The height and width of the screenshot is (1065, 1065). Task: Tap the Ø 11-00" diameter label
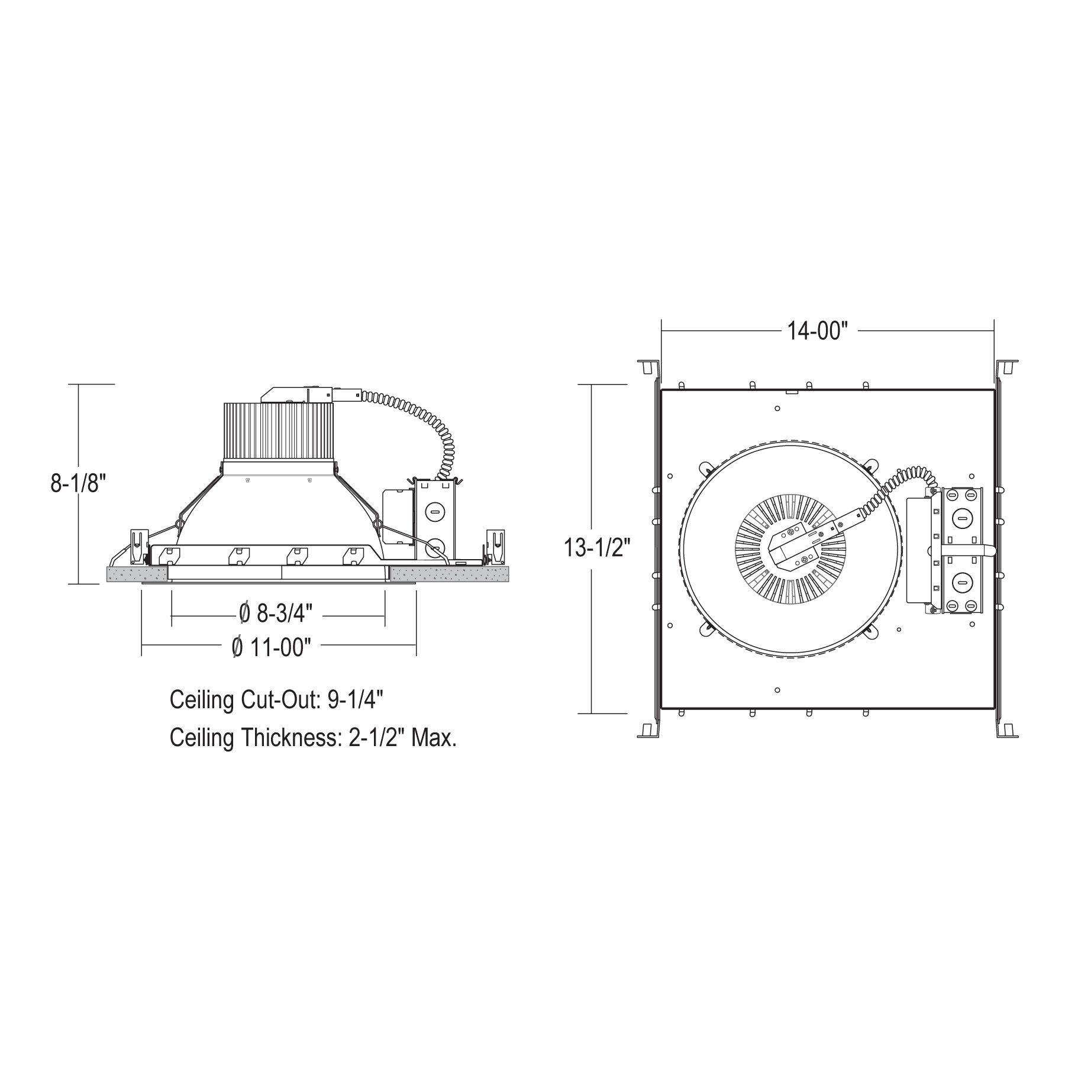[271, 647]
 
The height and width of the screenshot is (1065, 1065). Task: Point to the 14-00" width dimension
[818, 331]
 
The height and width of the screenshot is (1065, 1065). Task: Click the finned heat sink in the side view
[278, 431]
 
